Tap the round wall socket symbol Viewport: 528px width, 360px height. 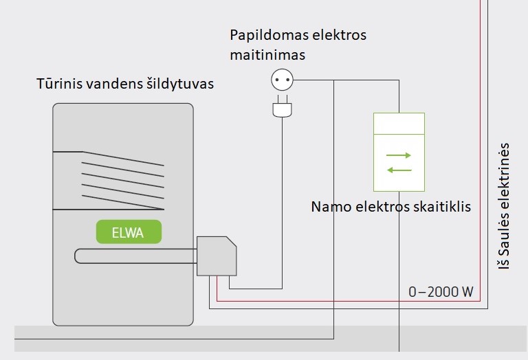pyautogui.click(x=279, y=80)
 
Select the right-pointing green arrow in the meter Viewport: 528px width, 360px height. pyautogui.click(x=398, y=155)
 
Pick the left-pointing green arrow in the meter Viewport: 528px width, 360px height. pyautogui.click(x=398, y=170)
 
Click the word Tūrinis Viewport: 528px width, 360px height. pyautogui.click(x=58, y=85)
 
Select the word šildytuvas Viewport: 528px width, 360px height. pyautogui.click(x=178, y=85)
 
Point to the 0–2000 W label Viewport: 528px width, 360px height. pyautogui.click(x=441, y=291)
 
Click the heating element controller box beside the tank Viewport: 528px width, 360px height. pyautogui.click(x=217, y=256)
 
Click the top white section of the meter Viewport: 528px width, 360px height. pyautogui.click(x=398, y=124)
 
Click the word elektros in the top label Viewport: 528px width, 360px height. pyautogui.click(x=340, y=34)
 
